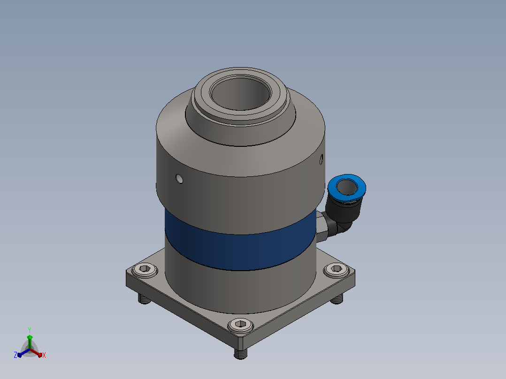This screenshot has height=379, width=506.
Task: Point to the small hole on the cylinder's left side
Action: [179, 178]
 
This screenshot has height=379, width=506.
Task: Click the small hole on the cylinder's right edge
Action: [321, 159]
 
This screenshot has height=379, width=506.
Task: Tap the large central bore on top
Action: [240, 93]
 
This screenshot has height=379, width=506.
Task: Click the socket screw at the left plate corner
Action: [145, 270]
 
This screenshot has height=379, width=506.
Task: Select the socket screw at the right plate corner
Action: [337, 269]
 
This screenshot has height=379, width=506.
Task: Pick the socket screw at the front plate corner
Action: [240, 325]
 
